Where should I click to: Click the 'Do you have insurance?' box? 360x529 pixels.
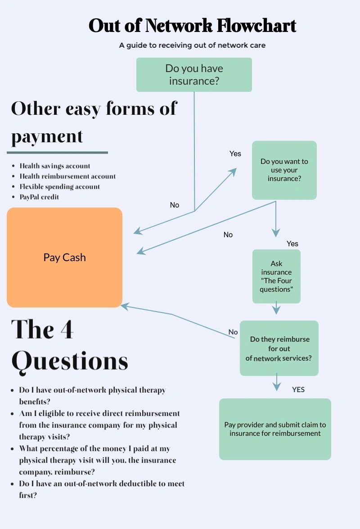coord(194,75)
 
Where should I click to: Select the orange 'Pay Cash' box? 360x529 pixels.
coord(64,258)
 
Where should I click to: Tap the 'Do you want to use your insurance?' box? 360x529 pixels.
coord(284,170)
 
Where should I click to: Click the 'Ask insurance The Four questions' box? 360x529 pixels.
coord(276,276)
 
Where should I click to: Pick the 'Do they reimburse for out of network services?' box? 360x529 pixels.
coord(279,348)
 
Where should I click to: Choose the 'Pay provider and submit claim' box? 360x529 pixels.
coord(275,429)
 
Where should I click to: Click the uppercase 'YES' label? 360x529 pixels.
coord(298,390)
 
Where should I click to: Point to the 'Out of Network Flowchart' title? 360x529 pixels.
coord(192,26)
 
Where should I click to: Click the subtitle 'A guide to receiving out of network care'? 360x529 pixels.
coord(192,45)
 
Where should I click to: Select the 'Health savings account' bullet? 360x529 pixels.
coord(54,166)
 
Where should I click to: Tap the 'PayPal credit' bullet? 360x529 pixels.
coord(39,197)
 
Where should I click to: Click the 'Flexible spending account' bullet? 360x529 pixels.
coord(60,186)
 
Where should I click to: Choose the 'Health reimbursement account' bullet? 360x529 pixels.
coord(67,176)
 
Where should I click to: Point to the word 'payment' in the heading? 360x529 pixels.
coord(47,137)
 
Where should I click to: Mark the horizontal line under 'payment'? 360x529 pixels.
coord(57,153)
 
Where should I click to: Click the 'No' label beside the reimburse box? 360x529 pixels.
coord(233,332)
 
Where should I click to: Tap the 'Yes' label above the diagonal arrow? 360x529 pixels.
coord(235,154)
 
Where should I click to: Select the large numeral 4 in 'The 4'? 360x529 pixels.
coord(67,329)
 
